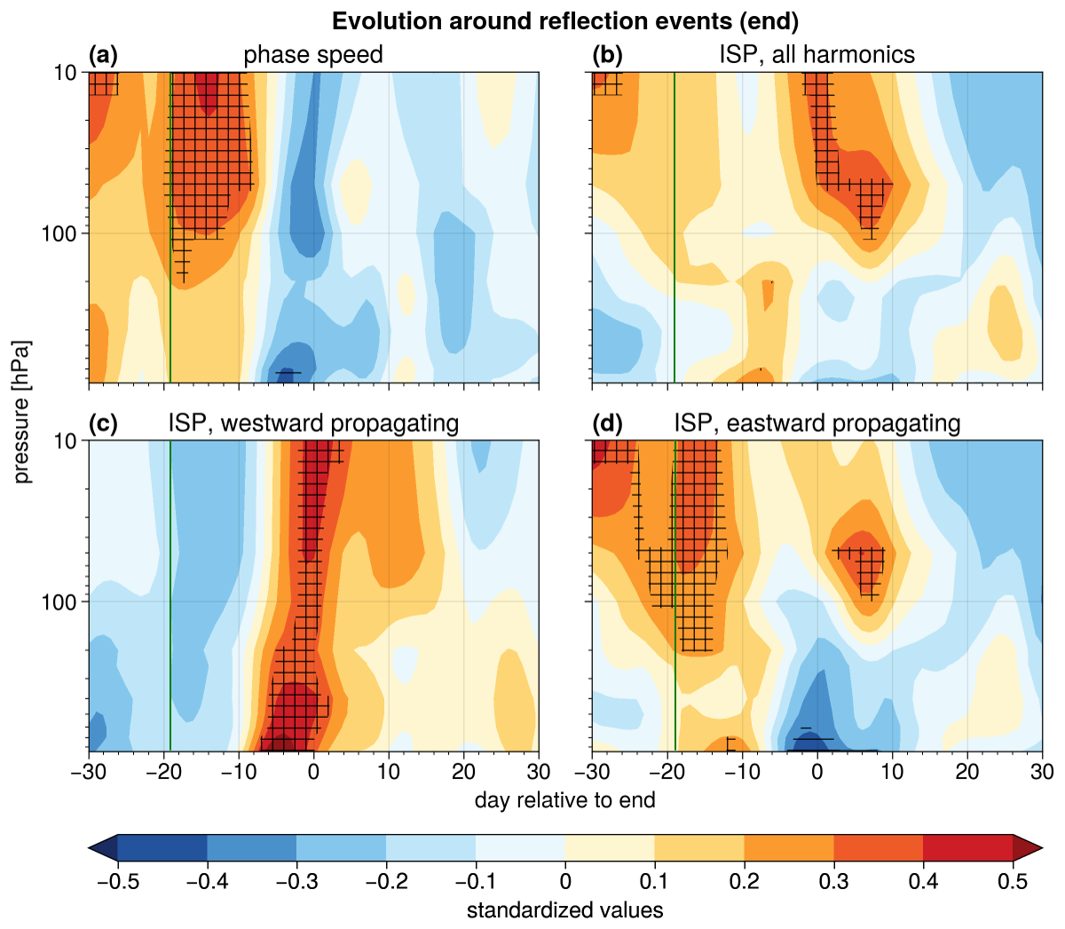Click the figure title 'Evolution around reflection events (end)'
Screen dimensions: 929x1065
[565, 21]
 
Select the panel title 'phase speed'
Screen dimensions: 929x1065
[313, 55]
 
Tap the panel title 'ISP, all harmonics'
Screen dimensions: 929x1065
[816, 55]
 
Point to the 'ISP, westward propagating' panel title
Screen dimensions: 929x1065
[313, 423]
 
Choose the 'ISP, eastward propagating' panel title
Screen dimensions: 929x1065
[816, 423]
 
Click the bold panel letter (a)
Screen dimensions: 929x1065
[104, 55]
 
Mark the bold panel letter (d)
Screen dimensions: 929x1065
[608, 423]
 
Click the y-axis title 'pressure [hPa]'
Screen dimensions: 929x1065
[22, 412]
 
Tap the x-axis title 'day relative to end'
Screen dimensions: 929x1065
[565, 800]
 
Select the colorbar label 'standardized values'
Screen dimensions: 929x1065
[565, 910]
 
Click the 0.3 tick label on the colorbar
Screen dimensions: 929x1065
[833, 881]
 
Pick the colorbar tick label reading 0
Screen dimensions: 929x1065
[565, 881]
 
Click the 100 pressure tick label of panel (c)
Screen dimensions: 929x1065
[59, 602]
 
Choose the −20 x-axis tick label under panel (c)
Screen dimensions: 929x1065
[164, 771]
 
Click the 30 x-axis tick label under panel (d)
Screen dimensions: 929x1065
[1043, 771]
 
